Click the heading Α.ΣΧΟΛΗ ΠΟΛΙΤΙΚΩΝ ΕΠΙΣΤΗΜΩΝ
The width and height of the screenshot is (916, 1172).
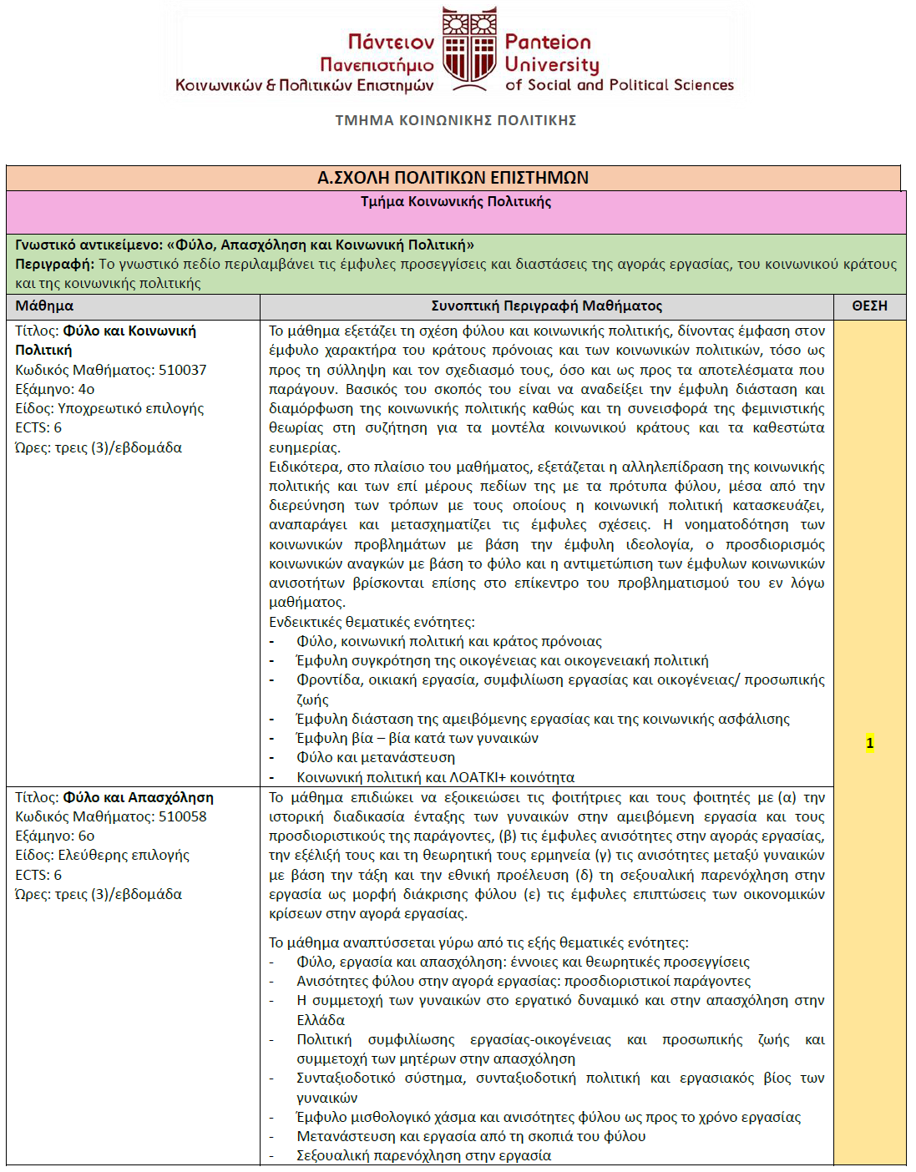[x=453, y=178]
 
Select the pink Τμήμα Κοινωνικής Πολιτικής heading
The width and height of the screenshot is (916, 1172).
[x=456, y=202]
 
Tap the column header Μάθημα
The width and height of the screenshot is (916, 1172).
[x=44, y=306]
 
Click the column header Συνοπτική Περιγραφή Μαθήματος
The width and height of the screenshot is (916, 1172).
[x=546, y=306]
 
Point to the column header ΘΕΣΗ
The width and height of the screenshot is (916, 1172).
[x=869, y=306]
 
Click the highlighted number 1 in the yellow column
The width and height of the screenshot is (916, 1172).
[x=869, y=743]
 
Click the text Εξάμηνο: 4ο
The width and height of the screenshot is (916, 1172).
[x=55, y=389]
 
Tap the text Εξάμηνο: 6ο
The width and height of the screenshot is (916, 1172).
[x=55, y=836]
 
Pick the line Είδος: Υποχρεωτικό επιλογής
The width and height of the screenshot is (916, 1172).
[x=109, y=408]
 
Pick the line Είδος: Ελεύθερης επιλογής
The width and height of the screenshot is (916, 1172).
[x=102, y=855]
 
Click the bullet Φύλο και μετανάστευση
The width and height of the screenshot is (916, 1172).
[x=376, y=758]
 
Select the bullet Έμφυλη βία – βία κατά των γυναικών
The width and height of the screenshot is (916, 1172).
[x=418, y=738]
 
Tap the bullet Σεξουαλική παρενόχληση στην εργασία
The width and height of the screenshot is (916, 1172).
[x=423, y=1155]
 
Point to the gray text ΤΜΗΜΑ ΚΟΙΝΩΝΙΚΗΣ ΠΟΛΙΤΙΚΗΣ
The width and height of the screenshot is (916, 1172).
[x=456, y=120]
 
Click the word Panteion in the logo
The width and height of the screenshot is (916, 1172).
[x=548, y=43]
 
